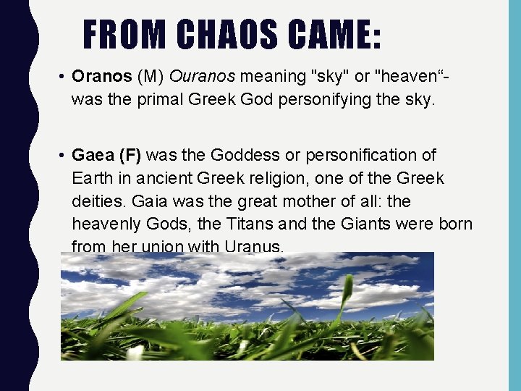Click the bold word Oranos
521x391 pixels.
tap(101, 76)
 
